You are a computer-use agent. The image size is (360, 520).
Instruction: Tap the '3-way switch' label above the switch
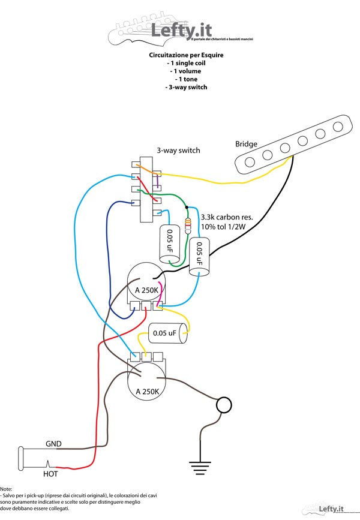pos(178,150)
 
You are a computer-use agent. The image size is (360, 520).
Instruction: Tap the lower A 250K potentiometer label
pos(148,391)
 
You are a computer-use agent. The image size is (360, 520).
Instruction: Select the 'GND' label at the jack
pos(53,444)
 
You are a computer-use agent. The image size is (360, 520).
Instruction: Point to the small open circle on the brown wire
pos(224,405)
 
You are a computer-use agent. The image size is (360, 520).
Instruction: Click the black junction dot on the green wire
pos(187,207)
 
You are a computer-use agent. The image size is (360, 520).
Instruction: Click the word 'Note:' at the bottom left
pos(7,489)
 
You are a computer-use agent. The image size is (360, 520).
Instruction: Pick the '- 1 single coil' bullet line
pos(185,62)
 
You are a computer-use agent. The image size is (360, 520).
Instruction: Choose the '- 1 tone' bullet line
pos(186,79)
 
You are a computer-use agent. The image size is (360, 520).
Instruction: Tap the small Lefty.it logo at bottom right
pos(334,509)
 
